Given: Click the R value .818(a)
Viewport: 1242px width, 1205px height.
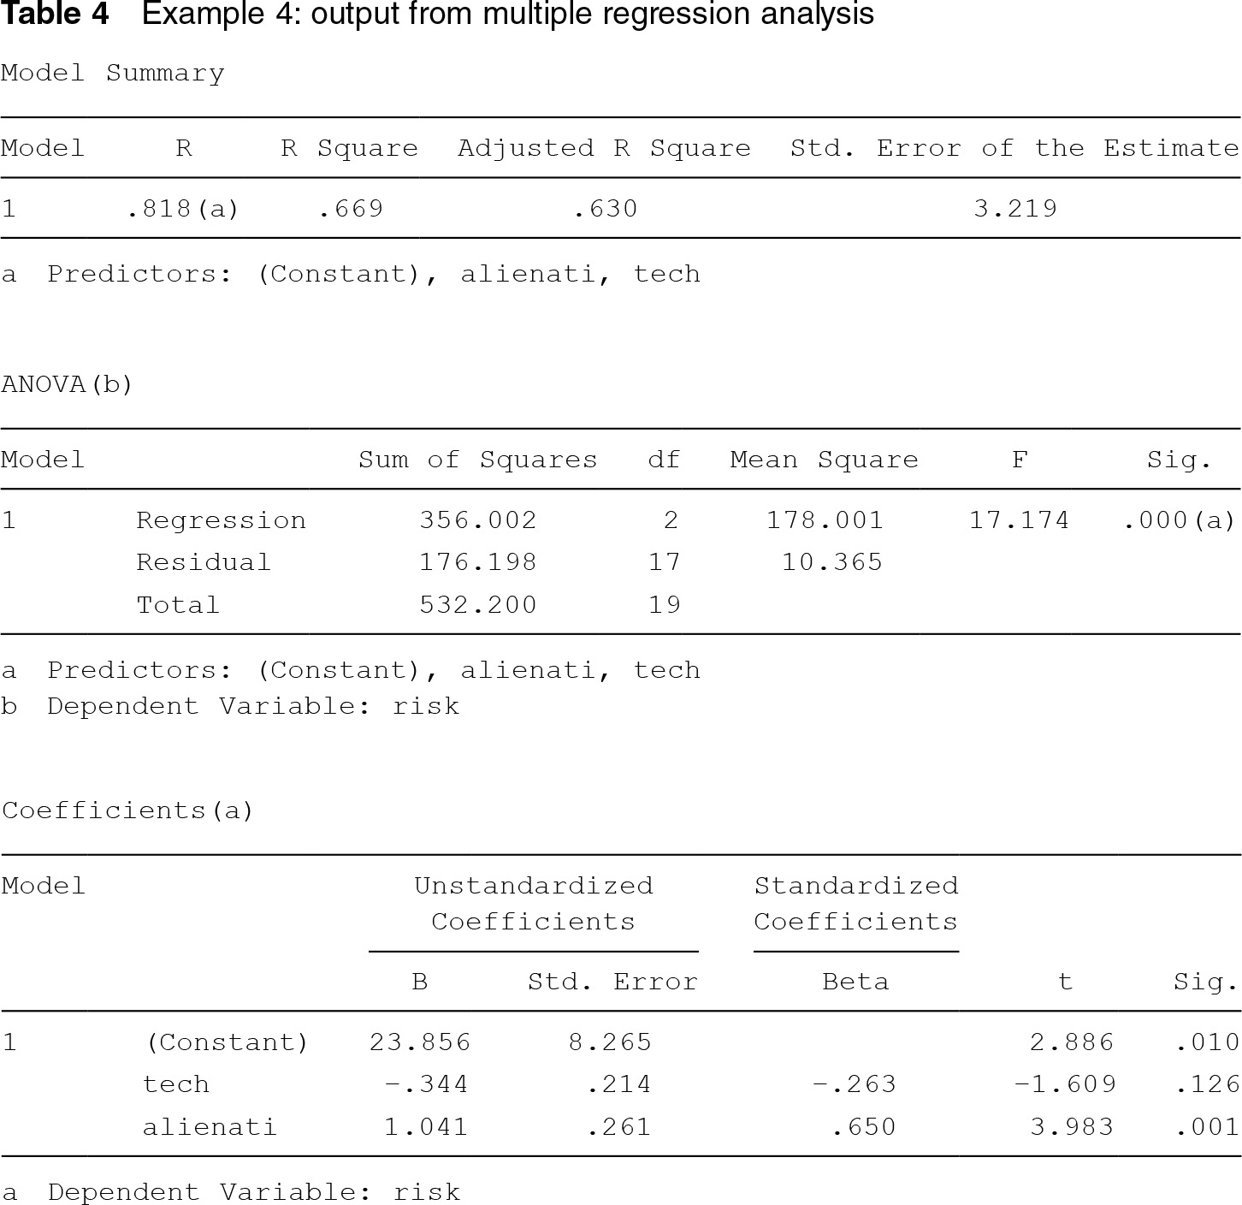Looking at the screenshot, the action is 182,209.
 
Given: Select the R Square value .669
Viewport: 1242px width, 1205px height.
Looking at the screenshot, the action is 351,209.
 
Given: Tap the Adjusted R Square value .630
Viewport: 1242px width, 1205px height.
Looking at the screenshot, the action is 606,209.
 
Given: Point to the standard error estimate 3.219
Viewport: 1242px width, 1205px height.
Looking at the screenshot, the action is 1015,209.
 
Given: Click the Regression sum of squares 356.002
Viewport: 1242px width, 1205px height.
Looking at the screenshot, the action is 478,520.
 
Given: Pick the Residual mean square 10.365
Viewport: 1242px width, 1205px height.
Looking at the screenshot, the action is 832,562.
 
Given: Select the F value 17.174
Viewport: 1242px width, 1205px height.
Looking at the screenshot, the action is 1019,520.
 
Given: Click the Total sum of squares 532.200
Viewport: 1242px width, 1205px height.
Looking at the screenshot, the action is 478,605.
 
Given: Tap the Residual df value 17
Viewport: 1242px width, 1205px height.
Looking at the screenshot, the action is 665,562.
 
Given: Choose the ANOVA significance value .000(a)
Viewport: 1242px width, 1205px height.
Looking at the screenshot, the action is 1179,520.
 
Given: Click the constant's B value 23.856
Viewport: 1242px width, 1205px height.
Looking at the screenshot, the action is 420,1042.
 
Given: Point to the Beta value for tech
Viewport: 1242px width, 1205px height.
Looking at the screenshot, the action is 854,1084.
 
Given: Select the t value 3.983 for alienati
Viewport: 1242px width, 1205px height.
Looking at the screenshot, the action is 1072,1127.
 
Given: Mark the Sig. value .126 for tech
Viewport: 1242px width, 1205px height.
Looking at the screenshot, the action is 1207,1084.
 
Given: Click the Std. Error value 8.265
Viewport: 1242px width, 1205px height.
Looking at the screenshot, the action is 610,1042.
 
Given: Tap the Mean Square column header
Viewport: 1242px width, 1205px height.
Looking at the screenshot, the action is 824,460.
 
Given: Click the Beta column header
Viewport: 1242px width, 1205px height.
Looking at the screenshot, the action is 855,982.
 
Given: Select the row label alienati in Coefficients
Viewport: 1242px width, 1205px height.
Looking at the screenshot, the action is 210,1127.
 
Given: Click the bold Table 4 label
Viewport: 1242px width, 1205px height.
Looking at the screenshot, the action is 56,15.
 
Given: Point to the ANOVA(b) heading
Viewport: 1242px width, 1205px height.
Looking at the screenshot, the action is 68,385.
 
